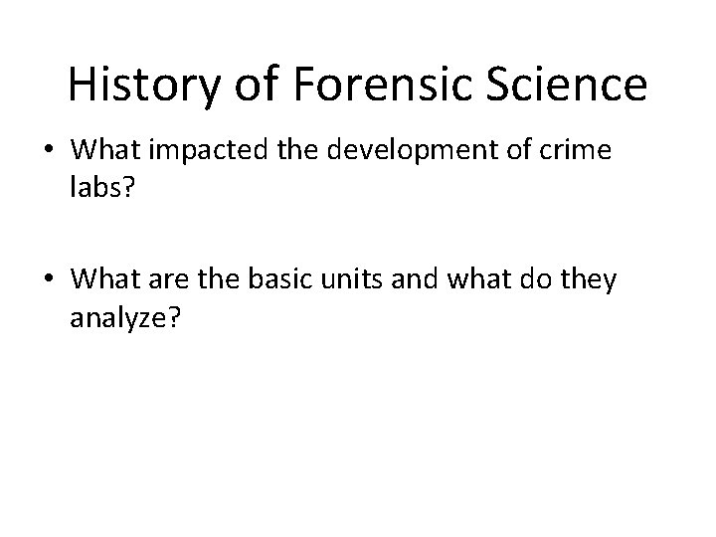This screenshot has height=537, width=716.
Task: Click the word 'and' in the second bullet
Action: click(x=484, y=281)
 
